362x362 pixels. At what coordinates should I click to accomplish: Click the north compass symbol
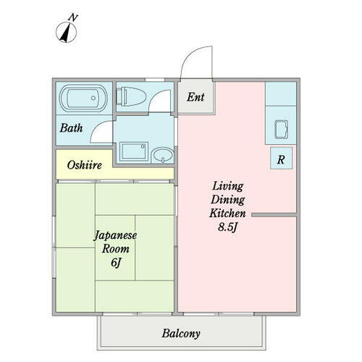click(x=67, y=32)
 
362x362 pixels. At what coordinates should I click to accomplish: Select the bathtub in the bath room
click(x=85, y=98)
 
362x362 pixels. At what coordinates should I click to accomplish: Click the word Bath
click(x=71, y=128)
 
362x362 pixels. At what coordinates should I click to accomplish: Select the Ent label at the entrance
click(x=195, y=96)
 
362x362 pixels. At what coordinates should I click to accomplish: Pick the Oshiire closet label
click(x=84, y=165)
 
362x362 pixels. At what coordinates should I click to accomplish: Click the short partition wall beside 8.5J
click(x=273, y=214)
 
